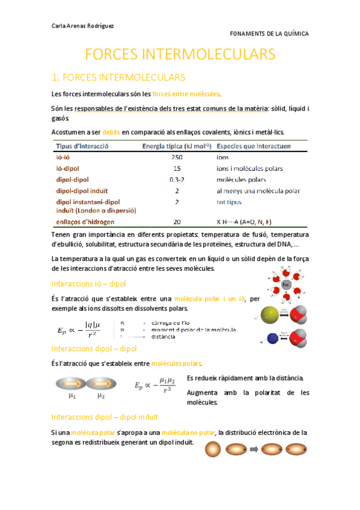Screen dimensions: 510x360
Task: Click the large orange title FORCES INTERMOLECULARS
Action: (x=180, y=55)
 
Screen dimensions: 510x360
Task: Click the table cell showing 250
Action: (x=177, y=157)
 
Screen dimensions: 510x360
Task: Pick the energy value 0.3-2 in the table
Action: (x=177, y=180)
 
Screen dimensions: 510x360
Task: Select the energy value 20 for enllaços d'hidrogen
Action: (x=177, y=221)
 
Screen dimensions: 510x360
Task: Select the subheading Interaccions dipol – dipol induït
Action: (x=105, y=416)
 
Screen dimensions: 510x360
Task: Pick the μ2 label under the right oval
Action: (x=102, y=397)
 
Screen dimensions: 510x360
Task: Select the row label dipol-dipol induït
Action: (x=80, y=191)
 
